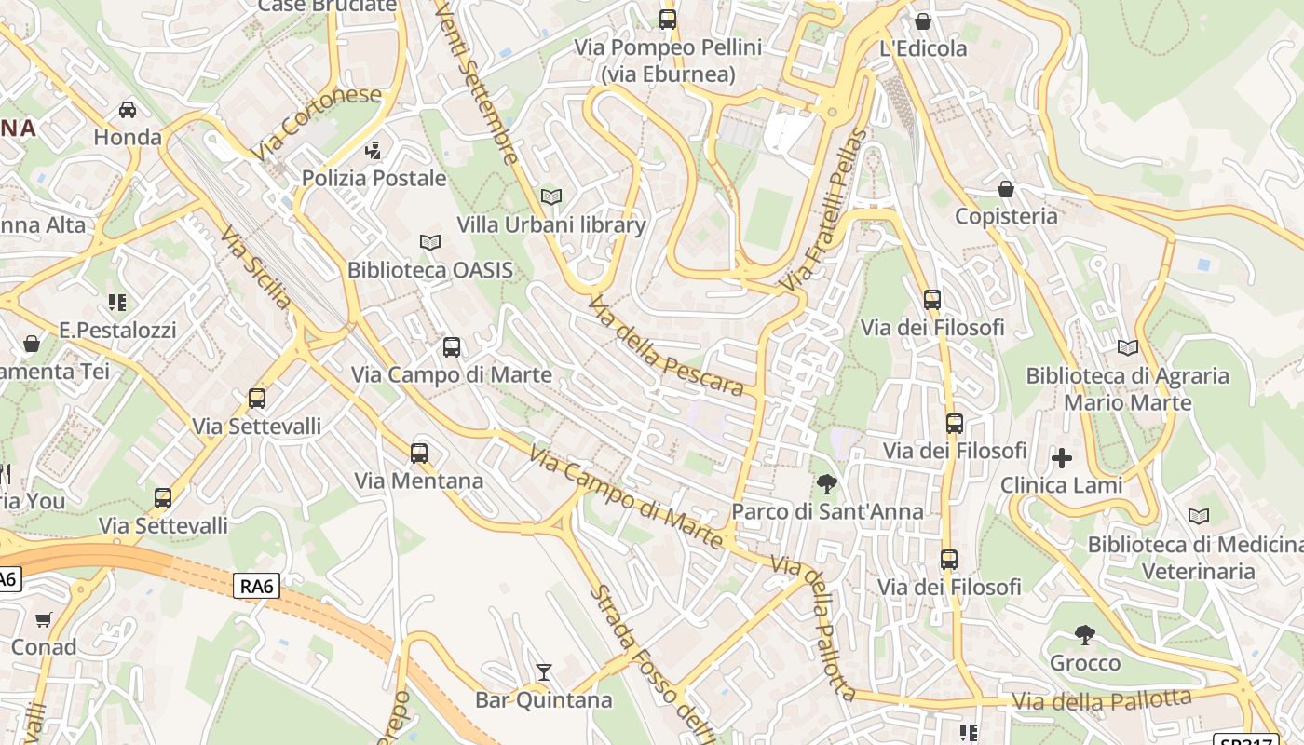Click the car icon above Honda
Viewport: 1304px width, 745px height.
click(x=128, y=110)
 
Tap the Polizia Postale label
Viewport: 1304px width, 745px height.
click(x=374, y=178)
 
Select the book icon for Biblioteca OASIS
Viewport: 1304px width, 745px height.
click(x=429, y=242)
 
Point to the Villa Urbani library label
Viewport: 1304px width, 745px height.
click(x=550, y=224)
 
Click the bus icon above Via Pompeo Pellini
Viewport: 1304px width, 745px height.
click(x=667, y=19)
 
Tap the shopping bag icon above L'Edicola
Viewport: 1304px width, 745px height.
click(x=923, y=20)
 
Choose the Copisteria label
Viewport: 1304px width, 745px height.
click(x=1006, y=216)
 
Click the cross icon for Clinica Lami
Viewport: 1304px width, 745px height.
click(x=1061, y=457)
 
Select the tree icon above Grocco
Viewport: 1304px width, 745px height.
click(x=1084, y=635)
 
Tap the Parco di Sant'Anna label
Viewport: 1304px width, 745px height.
click(x=827, y=511)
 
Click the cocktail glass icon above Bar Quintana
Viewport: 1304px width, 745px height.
click(x=544, y=671)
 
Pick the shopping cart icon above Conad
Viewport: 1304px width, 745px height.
click(x=44, y=619)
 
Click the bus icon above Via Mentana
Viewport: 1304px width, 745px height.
click(x=419, y=454)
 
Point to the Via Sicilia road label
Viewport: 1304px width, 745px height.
click(x=256, y=267)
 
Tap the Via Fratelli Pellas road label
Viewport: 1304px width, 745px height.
click(x=824, y=210)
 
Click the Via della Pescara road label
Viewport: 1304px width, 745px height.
click(x=666, y=346)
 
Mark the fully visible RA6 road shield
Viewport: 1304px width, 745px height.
click(x=256, y=585)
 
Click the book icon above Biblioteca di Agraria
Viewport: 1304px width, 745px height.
click(x=1127, y=347)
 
